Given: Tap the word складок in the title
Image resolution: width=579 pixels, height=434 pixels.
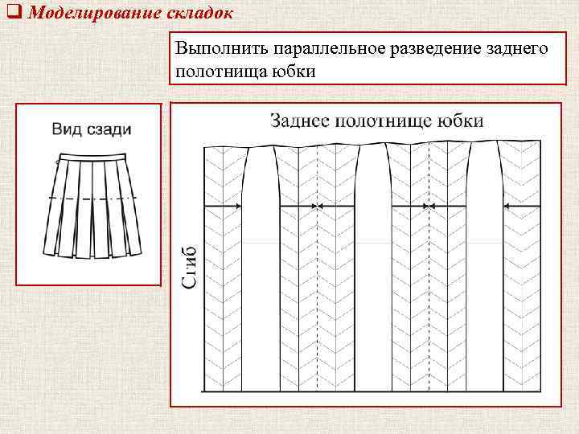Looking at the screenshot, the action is point(204,14).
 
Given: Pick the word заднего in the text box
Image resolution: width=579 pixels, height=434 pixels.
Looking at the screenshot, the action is point(515,50).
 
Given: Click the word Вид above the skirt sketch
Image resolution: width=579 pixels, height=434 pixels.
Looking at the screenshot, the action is point(68,129).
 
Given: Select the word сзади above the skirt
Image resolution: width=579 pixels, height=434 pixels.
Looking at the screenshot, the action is point(107,129).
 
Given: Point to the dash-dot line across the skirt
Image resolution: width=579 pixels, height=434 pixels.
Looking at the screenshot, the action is point(92,197).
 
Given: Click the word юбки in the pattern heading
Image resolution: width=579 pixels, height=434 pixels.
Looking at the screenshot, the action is point(461,121).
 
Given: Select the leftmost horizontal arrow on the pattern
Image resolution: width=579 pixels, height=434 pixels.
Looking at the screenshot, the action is point(226,207).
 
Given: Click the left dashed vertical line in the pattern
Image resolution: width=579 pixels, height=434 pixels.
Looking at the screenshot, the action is point(317,265).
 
